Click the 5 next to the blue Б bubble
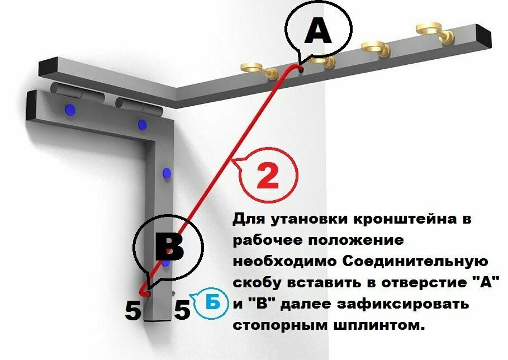182,310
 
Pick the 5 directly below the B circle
133,311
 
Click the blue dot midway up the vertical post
167,174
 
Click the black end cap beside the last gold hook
484,36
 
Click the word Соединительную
415,261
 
